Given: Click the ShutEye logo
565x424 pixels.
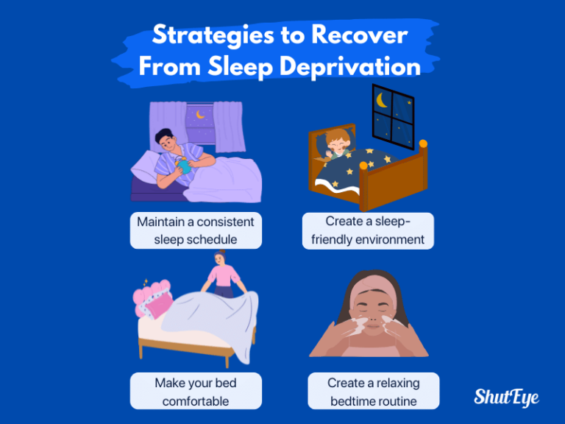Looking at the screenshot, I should [506, 397].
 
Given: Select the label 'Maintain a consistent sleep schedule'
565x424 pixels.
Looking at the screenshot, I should [195, 230].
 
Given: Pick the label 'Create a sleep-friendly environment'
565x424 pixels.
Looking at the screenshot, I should [368, 230].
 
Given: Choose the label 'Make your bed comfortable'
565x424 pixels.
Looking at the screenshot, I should [195, 392].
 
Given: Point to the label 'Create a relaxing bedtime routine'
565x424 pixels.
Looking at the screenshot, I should [373, 392].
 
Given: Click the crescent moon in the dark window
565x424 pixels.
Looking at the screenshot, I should [383, 99].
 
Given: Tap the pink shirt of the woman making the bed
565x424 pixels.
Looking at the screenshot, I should [223, 278].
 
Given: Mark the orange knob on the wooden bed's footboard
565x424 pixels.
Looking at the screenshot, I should [423, 144].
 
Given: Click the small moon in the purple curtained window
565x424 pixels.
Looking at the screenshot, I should [199, 114].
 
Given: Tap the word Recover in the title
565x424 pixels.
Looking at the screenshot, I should [360, 35].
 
